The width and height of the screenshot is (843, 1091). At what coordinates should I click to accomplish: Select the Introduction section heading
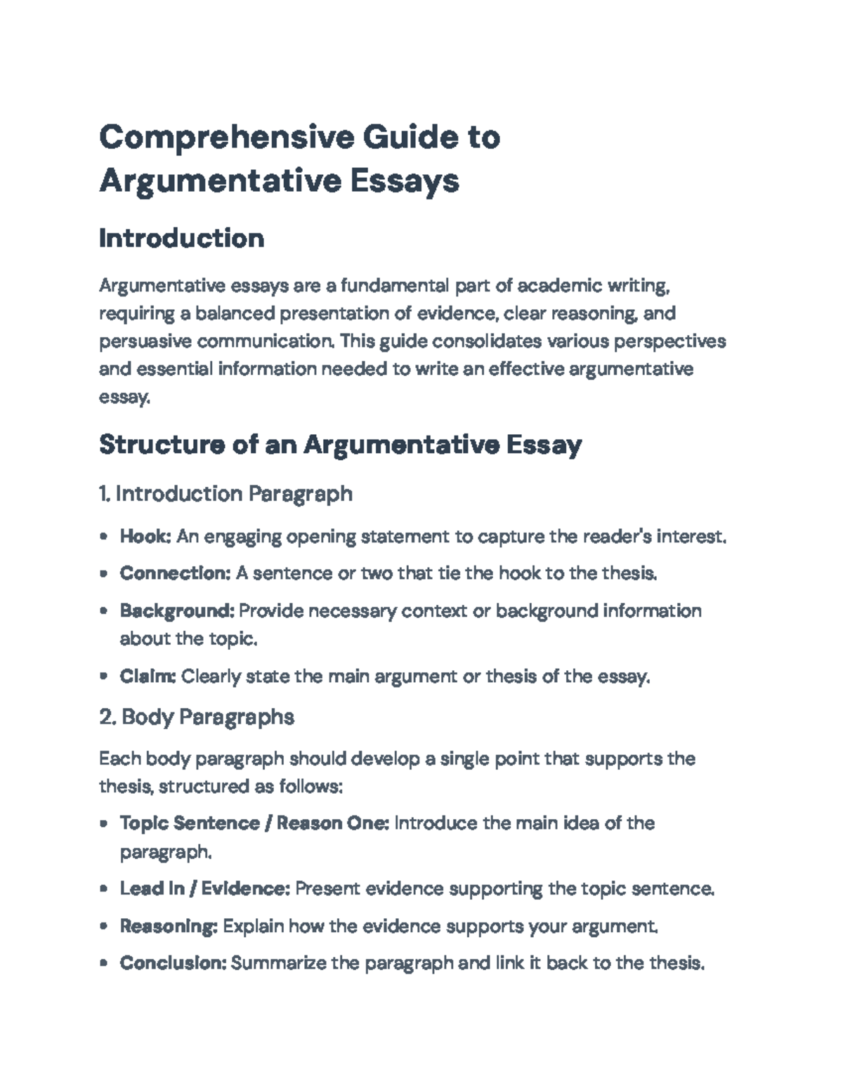pyautogui.click(x=181, y=238)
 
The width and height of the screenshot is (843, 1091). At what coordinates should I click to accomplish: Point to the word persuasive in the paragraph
pyautogui.click(x=145, y=341)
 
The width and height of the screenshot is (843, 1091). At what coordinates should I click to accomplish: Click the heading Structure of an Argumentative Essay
pyautogui.click(x=340, y=445)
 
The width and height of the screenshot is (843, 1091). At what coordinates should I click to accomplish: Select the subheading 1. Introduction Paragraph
pyautogui.click(x=226, y=494)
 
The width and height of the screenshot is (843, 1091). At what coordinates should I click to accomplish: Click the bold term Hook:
pyautogui.click(x=145, y=537)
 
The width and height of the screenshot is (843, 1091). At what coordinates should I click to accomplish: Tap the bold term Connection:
pyautogui.click(x=175, y=573)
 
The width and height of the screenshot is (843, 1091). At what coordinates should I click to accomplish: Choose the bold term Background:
pyautogui.click(x=177, y=610)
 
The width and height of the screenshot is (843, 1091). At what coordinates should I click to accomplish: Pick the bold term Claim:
pyautogui.click(x=148, y=677)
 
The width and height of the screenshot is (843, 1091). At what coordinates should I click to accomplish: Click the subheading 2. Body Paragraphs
pyautogui.click(x=197, y=717)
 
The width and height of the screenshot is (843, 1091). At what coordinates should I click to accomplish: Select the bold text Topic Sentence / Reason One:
pyautogui.click(x=254, y=823)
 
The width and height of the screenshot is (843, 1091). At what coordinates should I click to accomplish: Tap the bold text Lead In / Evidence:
pyautogui.click(x=204, y=889)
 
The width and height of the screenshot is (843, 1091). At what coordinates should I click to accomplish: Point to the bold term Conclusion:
pyautogui.click(x=173, y=962)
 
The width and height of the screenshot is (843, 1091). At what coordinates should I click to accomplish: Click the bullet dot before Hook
pyautogui.click(x=104, y=537)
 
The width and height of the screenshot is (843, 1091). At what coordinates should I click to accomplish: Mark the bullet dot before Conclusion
pyautogui.click(x=104, y=963)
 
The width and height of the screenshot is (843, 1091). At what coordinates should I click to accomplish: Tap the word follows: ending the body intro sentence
pyautogui.click(x=311, y=786)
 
